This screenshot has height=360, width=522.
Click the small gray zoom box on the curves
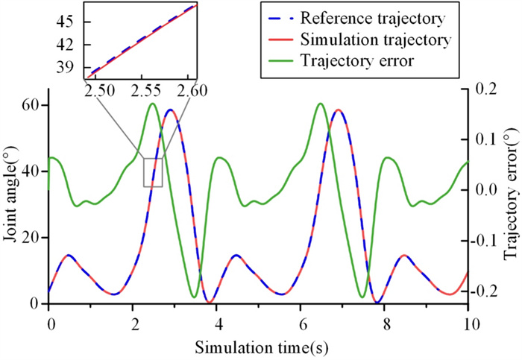153,172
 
